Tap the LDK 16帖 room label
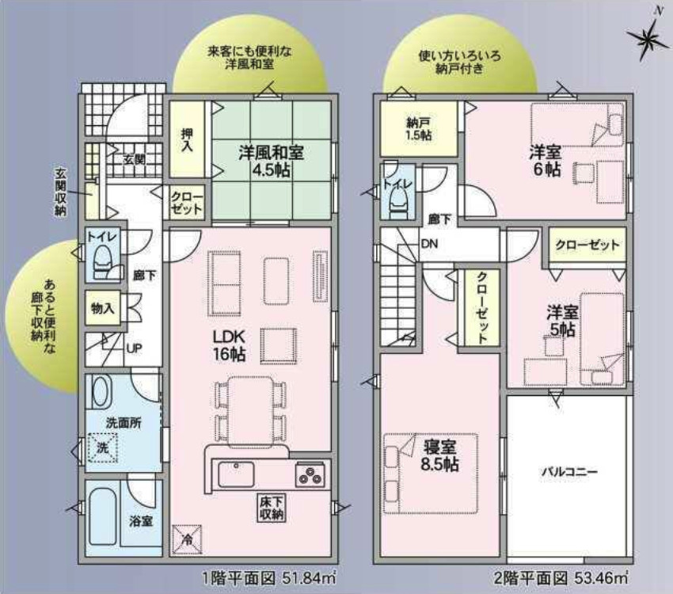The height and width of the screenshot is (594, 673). coord(229,345)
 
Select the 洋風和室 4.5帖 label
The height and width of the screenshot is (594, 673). coord(271,162)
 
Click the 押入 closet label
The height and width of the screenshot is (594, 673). coord(187,140)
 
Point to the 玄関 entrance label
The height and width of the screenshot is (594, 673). coord(134,160)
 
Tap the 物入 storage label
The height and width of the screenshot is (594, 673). coord(102,308)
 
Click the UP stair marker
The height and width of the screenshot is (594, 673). coord(134,348)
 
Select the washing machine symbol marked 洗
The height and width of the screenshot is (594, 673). coord(103,447)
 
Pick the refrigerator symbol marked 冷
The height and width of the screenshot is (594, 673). coord(187,539)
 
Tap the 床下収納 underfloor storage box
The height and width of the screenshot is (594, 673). coord(272,508)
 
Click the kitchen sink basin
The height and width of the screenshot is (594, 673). coord(236,474)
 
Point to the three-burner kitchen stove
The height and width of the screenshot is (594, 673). coord(310,475)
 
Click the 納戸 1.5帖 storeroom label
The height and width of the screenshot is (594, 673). coord(419,129)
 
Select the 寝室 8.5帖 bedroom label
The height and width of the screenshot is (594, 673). coord(440,456)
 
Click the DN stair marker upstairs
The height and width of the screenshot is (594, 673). coord(429,244)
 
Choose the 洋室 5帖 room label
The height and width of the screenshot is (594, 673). coord(562,321)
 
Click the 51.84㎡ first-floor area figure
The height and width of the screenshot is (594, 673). coord(309,578)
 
